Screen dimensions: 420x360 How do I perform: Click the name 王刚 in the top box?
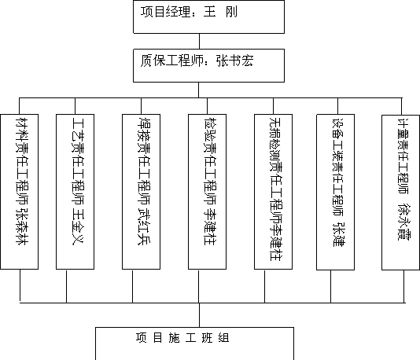[x=220, y=12]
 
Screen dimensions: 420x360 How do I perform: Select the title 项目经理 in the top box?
[x=165, y=12]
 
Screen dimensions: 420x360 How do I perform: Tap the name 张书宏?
[x=235, y=61]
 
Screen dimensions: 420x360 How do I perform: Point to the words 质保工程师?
[x=171, y=61]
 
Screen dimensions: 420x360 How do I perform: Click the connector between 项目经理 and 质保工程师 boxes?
[x=199, y=41]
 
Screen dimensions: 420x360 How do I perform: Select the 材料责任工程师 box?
[x=20, y=192]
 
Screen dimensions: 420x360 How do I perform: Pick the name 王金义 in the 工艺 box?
[x=78, y=226]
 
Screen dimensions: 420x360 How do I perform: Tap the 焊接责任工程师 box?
[x=141, y=192]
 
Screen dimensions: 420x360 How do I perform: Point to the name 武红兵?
[x=144, y=226]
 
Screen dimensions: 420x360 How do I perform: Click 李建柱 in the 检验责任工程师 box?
[x=210, y=226]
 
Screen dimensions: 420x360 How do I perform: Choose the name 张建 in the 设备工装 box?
[x=338, y=234]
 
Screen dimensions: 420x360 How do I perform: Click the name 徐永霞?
[x=403, y=222]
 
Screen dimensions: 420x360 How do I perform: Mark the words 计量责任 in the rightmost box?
[x=403, y=142]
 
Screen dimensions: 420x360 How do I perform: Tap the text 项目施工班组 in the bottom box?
[x=182, y=338]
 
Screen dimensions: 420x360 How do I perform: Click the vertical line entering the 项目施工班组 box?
[x=199, y=315]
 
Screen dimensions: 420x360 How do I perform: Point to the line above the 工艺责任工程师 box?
[x=75, y=106]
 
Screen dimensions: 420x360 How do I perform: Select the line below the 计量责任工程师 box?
[x=404, y=286]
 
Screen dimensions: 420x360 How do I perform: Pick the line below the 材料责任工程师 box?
[x=20, y=286]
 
